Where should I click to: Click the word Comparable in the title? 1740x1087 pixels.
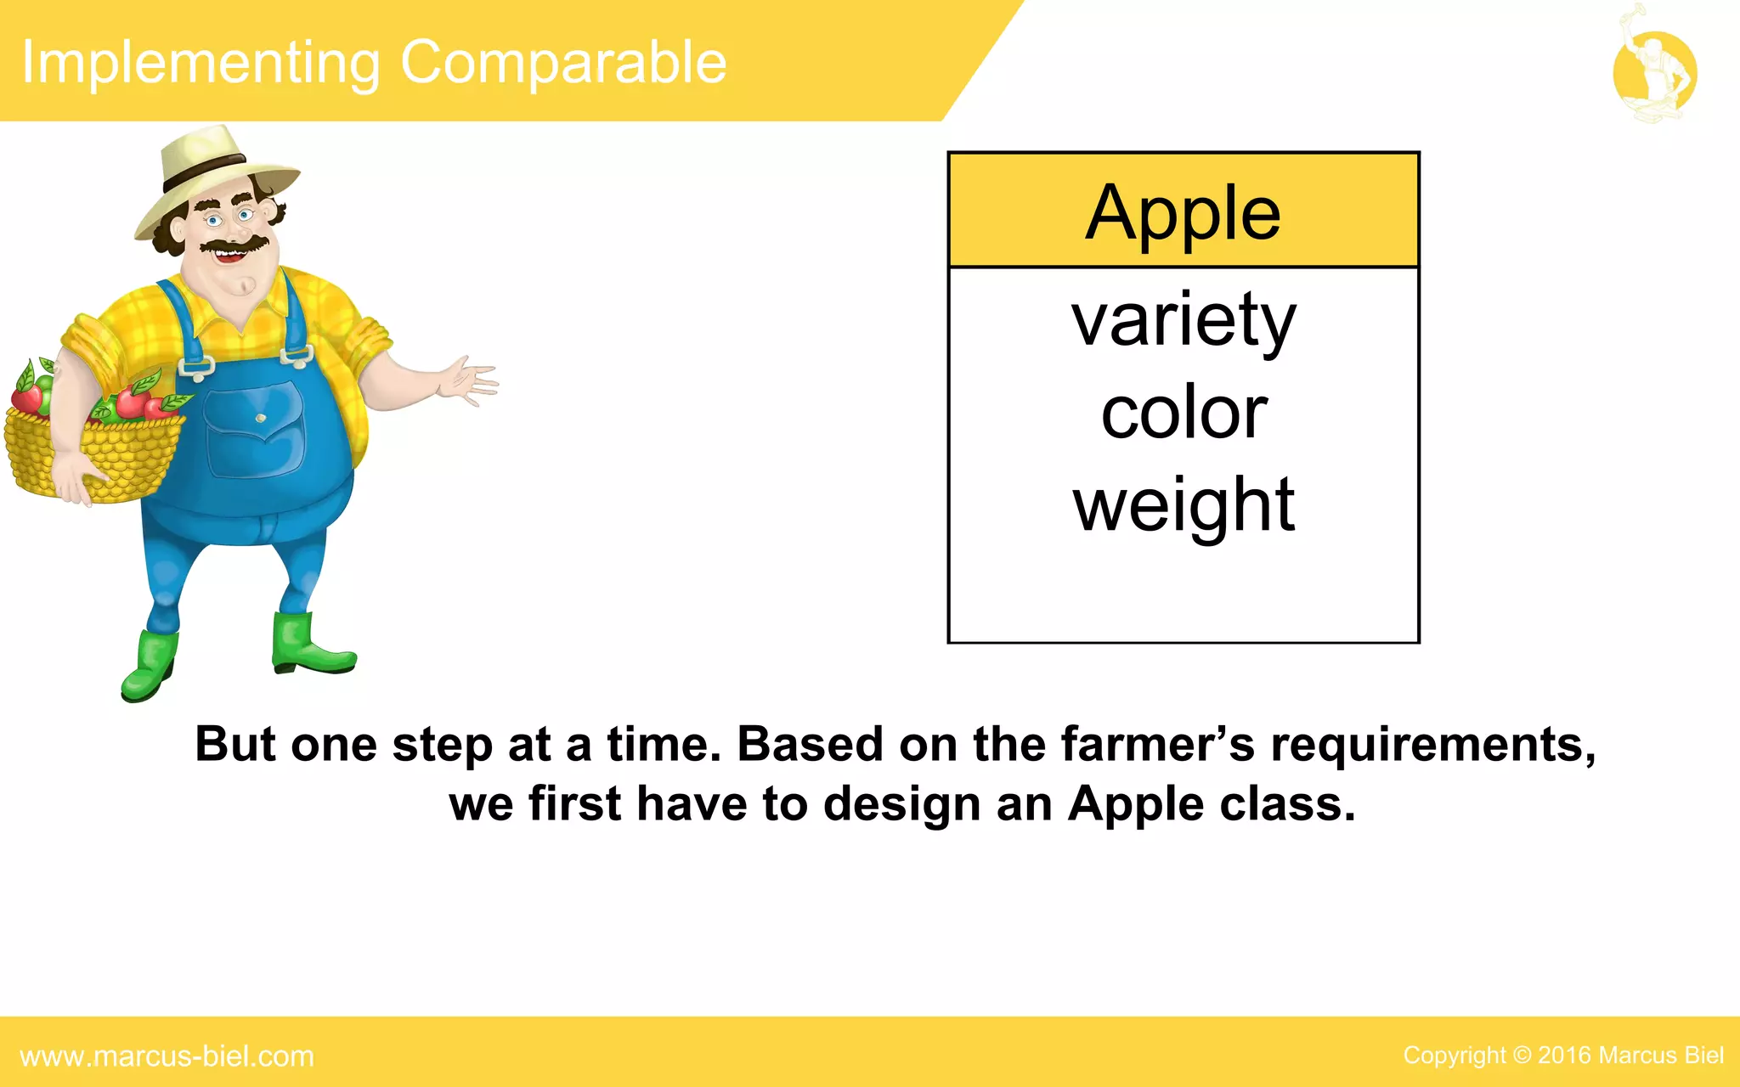click(563, 63)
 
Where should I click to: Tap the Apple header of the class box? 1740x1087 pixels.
click(1183, 212)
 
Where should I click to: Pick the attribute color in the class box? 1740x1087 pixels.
click(1184, 414)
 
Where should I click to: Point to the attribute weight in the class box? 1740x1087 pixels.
click(1184, 506)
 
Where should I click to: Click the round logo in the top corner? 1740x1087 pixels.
click(1654, 73)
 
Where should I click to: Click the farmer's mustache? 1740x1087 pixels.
click(233, 245)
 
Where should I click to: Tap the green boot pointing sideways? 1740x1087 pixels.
click(310, 645)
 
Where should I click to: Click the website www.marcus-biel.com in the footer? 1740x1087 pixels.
click(167, 1056)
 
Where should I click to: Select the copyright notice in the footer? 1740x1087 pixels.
click(1562, 1056)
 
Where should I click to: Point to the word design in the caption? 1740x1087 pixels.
click(901, 804)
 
